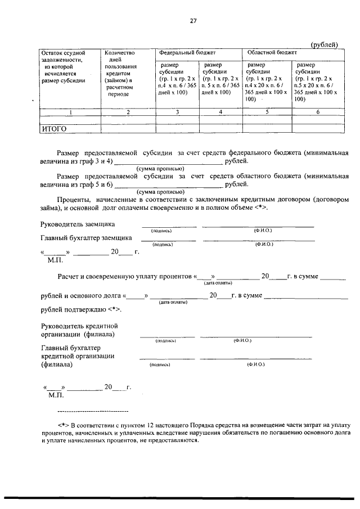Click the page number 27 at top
pyautogui.click(x=193, y=21)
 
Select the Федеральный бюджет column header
pyautogui.click(x=187, y=52)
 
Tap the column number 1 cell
pyautogui.click(x=70, y=112)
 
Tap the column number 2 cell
pyautogui.click(x=128, y=112)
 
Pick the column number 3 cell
pyautogui.click(x=177, y=112)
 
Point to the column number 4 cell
pyautogui.click(x=220, y=112)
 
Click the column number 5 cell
pyautogui.click(x=267, y=112)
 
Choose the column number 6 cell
pyautogui.click(x=317, y=112)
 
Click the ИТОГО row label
pyautogui.click(x=55, y=129)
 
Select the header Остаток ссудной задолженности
pyautogui.click(x=66, y=66)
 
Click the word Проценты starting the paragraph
pyautogui.click(x=73, y=200)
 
